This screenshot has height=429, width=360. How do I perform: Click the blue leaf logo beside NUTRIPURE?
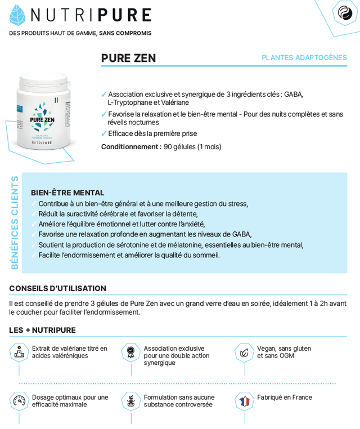click(x=17, y=15)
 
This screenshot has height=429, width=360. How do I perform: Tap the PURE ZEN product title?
click(x=128, y=58)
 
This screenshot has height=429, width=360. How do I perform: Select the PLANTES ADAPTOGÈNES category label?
click(x=304, y=58)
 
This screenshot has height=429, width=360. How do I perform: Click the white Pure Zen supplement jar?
click(x=43, y=113)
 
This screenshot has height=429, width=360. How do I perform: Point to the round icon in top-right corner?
click(x=345, y=12)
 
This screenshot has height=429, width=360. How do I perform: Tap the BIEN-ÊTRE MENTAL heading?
click(x=67, y=193)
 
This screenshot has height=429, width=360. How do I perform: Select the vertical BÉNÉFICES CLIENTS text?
click(x=15, y=222)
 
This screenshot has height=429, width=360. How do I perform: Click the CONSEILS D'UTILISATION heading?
click(x=57, y=288)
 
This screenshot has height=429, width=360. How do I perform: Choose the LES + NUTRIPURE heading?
click(x=42, y=330)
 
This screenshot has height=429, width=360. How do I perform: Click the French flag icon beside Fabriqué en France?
click(x=244, y=401)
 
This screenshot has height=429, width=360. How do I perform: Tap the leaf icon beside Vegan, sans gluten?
click(x=244, y=352)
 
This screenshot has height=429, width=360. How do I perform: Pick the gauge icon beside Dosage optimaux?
click(x=19, y=401)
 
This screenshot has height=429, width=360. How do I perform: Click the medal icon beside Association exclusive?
click(x=131, y=352)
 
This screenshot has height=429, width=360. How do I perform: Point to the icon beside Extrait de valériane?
click(x=19, y=352)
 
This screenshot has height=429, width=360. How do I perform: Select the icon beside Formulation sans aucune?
click(x=131, y=401)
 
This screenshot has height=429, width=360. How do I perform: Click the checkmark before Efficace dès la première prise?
click(x=104, y=134)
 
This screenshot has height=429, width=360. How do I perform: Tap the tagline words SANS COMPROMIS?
click(x=125, y=33)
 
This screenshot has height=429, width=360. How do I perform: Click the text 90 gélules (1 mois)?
click(x=192, y=147)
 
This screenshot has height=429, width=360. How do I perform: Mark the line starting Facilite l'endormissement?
click(x=129, y=255)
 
